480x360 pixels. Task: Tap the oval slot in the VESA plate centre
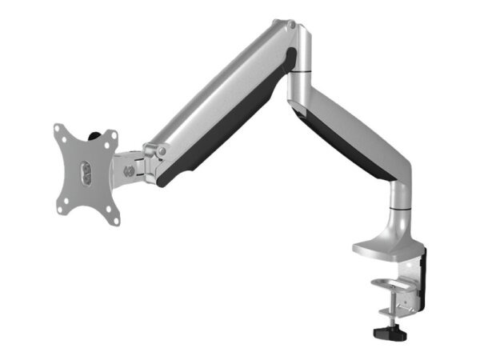[86, 170]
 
